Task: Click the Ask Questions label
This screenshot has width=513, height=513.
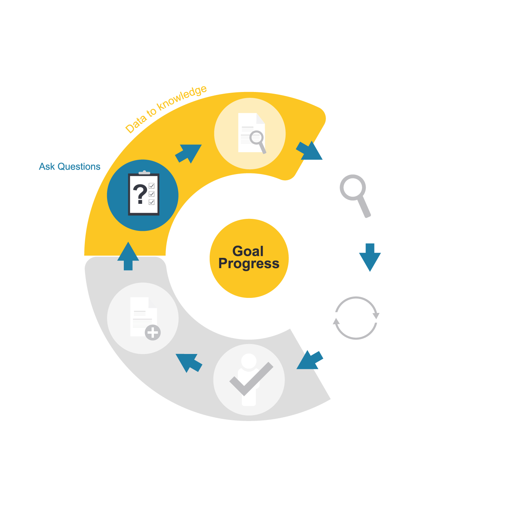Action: pos(69,167)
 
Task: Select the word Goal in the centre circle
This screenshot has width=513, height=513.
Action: pos(248,251)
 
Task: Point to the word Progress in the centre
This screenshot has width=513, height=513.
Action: pos(249,264)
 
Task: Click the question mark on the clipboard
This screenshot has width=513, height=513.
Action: pos(140,194)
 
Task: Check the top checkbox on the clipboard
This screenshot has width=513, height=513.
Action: pos(152,186)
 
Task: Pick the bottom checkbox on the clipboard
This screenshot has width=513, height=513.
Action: pos(152,202)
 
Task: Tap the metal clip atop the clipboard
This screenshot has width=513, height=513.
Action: pos(144,173)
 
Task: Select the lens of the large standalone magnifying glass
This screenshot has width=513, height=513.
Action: pos(353,187)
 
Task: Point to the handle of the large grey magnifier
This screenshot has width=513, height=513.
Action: pos(364,207)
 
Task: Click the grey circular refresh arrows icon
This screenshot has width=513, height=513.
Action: pos(356,318)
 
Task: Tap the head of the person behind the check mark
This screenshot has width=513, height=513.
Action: pos(249,361)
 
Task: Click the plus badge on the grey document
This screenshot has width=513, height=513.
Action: pos(153,332)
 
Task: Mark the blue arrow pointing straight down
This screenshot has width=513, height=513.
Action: pos(370,257)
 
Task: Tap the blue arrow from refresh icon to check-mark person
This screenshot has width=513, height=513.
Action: pos(310,360)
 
